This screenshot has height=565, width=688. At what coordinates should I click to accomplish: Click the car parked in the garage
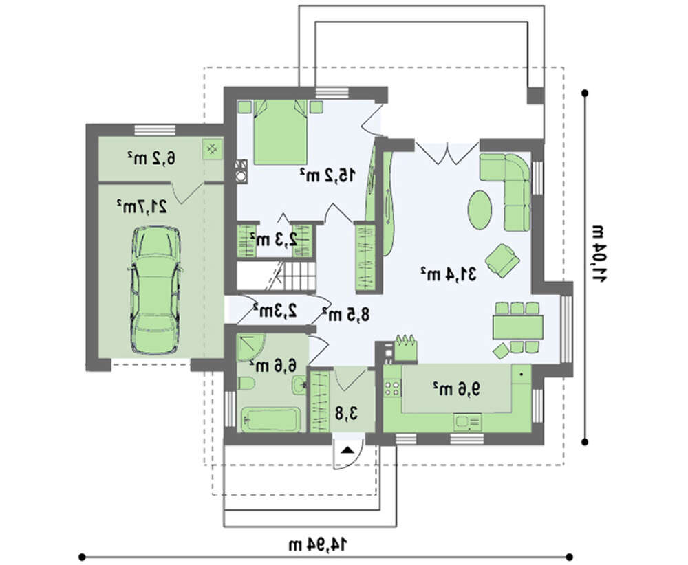click(x=155, y=290)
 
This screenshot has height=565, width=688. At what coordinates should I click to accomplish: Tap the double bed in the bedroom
click(x=280, y=132)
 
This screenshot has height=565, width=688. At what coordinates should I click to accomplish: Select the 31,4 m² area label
click(x=448, y=274)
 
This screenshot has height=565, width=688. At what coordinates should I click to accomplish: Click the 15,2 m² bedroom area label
click(x=327, y=175)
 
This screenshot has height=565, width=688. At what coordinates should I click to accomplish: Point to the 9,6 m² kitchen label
click(x=457, y=388)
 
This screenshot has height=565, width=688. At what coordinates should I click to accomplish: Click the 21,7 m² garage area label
click(x=142, y=206)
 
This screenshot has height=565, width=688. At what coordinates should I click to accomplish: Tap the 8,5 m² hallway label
click(x=346, y=314)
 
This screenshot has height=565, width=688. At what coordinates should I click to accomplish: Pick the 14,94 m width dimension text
click(x=317, y=544)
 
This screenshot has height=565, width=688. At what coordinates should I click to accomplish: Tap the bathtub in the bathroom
click(x=270, y=419)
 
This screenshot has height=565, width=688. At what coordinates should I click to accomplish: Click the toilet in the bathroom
click(x=246, y=384)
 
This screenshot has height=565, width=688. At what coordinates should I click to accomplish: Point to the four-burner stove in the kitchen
click(x=393, y=388)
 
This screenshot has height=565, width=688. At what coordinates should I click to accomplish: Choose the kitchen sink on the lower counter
click(x=468, y=422)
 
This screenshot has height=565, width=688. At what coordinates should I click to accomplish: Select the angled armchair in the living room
click(x=502, y=261)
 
